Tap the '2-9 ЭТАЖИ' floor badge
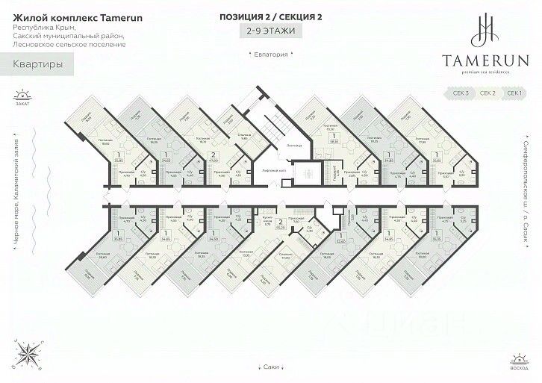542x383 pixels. coord(271,31)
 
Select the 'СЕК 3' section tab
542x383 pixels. coord(461,93)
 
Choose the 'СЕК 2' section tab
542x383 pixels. coord(488,93)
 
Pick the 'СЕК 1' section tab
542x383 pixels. coord(514,93)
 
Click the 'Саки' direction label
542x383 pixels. coord(272,367)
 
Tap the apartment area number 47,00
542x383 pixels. coord(214,160)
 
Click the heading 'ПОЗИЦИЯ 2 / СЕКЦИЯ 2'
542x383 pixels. coord(271,16)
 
